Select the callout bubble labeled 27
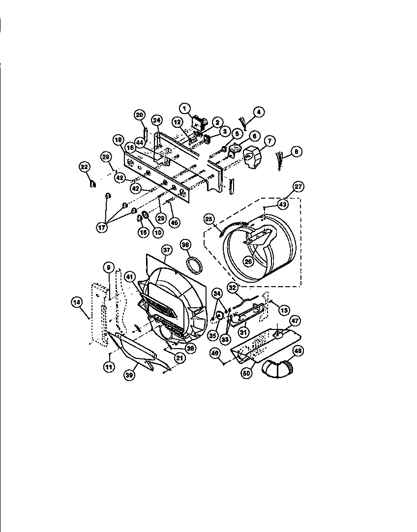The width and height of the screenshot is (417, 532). point(298,187)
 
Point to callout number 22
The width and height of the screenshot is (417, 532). point(85,167)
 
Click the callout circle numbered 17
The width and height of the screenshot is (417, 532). point(102,228)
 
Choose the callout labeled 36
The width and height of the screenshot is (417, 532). point(185,244)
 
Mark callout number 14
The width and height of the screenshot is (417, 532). point(77,303)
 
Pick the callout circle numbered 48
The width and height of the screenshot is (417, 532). point(298,351)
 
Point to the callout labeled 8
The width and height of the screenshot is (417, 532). point(295,152)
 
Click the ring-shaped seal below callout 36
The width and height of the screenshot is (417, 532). point(195,265)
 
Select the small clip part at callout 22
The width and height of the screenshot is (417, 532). point(91,184)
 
